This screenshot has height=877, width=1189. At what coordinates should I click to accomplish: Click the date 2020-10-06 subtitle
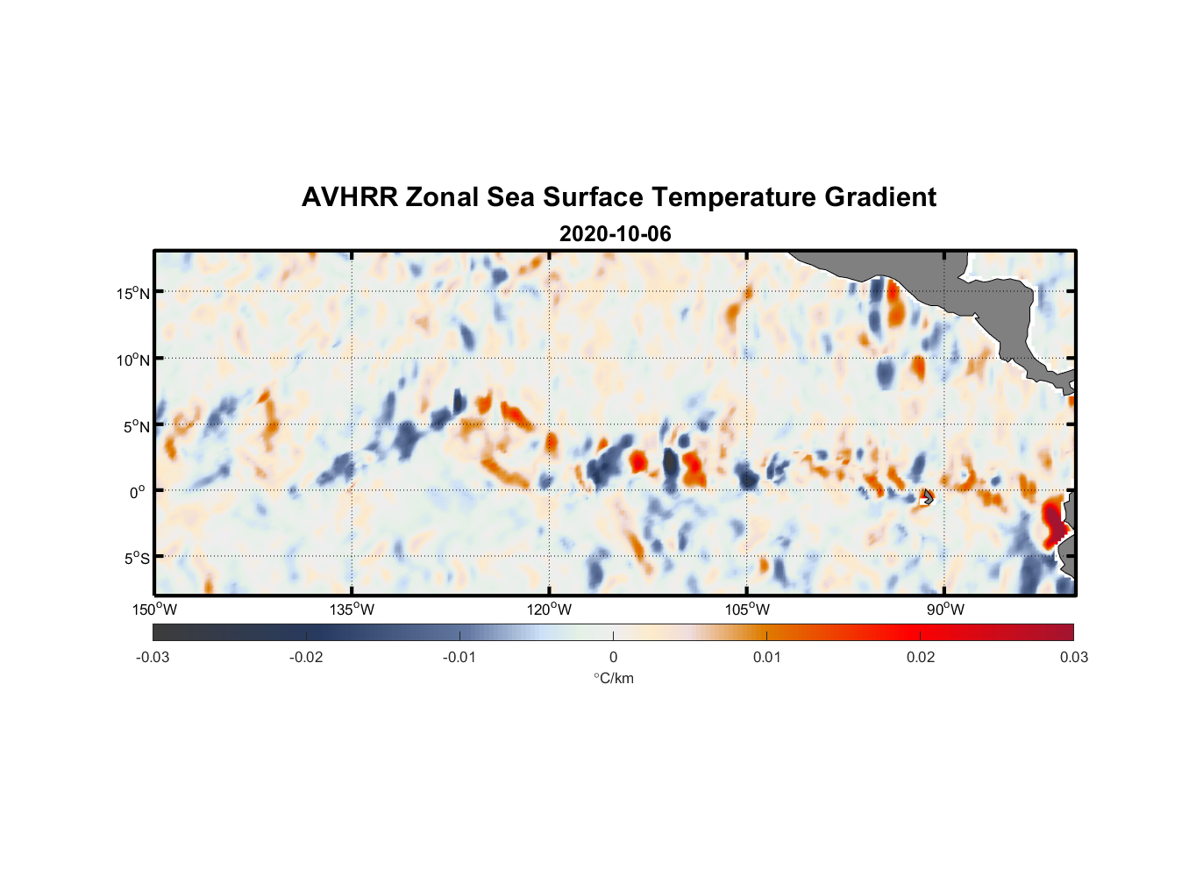615,234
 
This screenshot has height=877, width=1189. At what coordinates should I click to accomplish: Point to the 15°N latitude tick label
133,293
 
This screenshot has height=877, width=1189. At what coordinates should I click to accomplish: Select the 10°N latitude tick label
133,360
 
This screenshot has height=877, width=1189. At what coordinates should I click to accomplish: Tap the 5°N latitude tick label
136,426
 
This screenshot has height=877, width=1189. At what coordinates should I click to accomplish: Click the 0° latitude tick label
138,492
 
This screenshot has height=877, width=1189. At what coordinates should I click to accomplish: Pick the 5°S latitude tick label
136,559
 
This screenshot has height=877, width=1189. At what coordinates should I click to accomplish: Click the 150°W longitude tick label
154,610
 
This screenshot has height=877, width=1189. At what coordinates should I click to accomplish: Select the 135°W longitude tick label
352,610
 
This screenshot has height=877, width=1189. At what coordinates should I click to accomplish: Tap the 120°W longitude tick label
549,610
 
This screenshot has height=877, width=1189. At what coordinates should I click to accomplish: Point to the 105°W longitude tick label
747,610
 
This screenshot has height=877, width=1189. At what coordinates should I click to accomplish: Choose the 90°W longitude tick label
944,610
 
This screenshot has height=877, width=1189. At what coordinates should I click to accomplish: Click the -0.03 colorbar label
153,657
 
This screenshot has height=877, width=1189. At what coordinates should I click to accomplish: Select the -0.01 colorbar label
459,657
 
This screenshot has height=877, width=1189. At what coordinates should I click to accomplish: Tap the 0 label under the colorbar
613,657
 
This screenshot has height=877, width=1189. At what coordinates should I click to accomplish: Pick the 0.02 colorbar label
920,657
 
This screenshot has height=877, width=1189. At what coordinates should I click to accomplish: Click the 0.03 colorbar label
1073,657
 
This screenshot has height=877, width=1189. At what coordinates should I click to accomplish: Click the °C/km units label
613,678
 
